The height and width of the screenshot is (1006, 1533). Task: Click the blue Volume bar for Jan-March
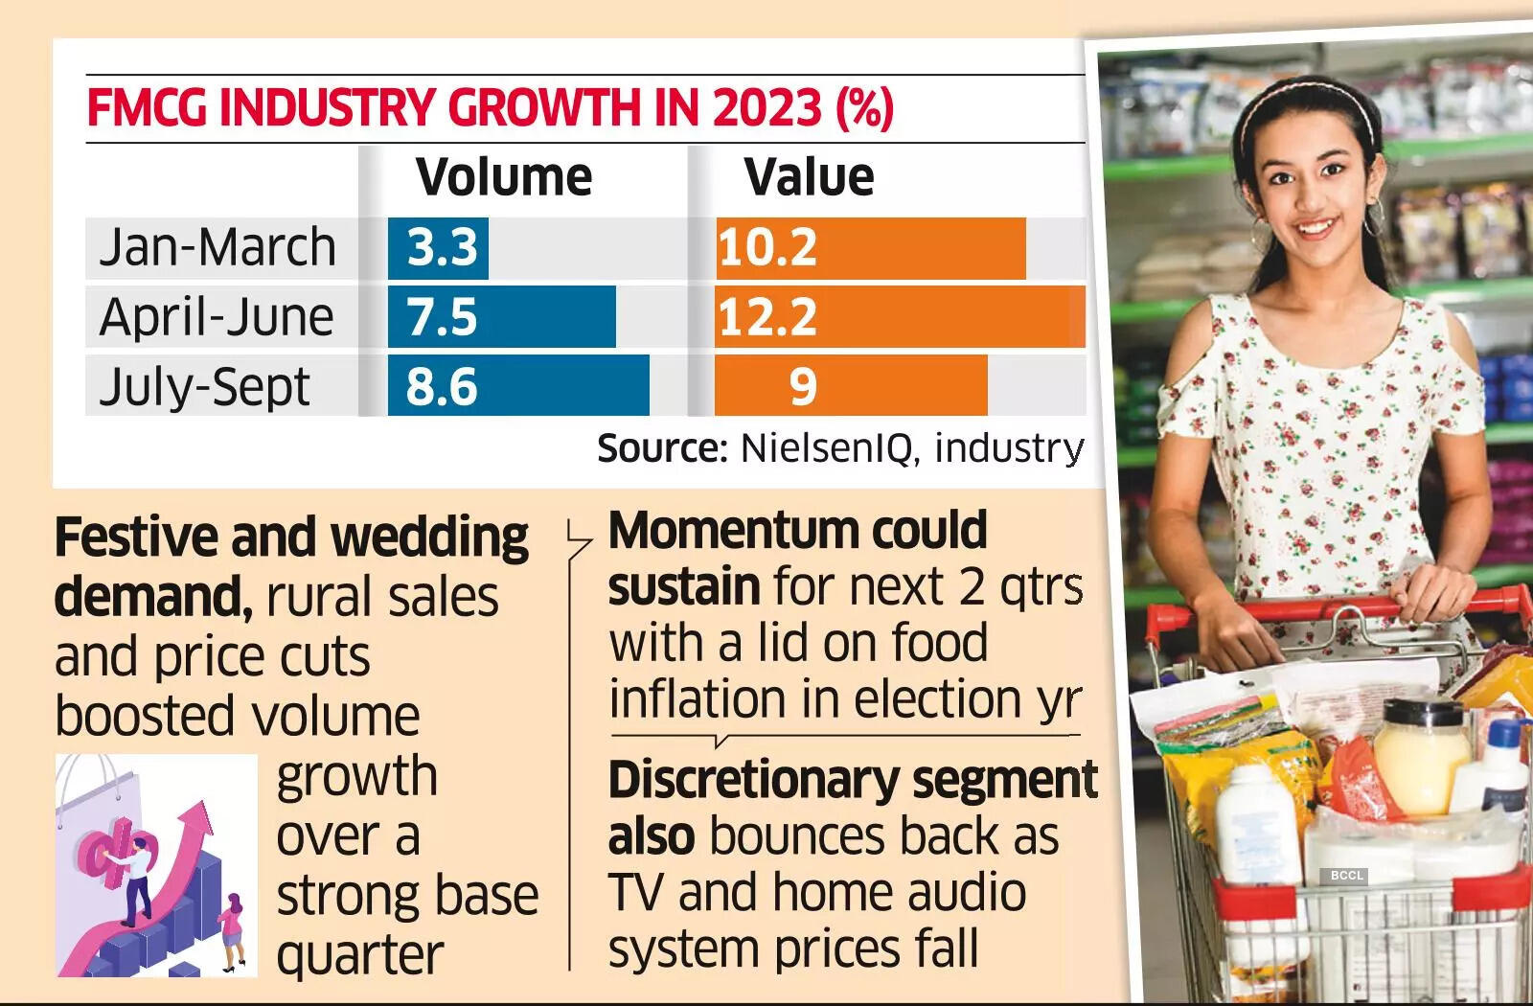click(438, 248)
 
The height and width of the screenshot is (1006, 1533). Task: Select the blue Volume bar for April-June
click(501, 317)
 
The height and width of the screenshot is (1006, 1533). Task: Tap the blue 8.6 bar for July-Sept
click(518, 386)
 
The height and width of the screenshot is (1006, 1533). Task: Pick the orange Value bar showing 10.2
click(870, 248)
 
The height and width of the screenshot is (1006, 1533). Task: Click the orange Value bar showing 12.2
click(901, 317)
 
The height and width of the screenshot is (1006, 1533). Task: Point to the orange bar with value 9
click(851, 386)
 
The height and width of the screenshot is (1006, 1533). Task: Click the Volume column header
click(504, 177)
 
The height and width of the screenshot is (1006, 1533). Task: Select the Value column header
click(809, 177)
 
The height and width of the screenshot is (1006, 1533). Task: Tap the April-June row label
click(217, 317)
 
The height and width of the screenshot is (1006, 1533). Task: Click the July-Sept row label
click(205, 387)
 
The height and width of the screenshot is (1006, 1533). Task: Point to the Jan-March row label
click(217, 247)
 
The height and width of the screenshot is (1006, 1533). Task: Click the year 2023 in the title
click(766, 107)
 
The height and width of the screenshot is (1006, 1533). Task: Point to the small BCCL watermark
click(1346, 876)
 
